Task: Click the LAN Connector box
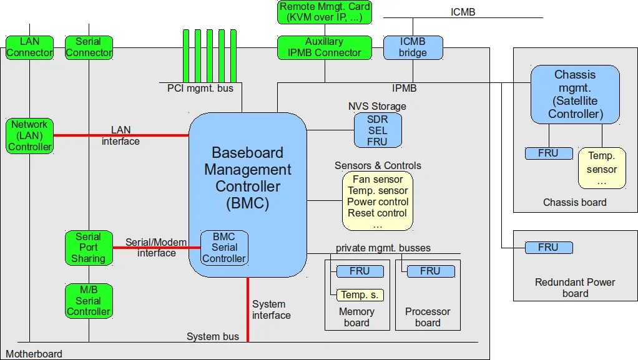click(x=29, y=47)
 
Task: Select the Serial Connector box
click(x=89, y=47)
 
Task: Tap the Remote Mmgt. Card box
click(x=324, y=12)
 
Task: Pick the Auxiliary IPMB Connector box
click(x=324, y=47)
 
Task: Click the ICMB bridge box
click(x=413, y=47)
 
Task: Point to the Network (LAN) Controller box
click(x=29, y=136)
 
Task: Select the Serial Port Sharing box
click(x=88, y=248)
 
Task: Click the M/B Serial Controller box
click(x=88, y=301)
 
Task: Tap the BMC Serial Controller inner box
click(x=223, y=248)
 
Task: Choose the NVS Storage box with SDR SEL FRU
click(x=377, y=130)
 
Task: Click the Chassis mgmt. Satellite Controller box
click(x=575, y=94)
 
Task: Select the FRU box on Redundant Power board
click(x=548, y=248)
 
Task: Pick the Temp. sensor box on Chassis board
click(x=601, y=168)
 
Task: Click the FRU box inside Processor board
click(x=429, y=271)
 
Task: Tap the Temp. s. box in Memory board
click(x=360, y=295)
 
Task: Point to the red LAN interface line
click(x=121, y=135)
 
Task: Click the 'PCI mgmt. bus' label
click(x=200, y=89)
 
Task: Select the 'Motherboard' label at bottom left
click(x=34, y=354)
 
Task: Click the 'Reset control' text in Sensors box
click(x=378, y=213)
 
